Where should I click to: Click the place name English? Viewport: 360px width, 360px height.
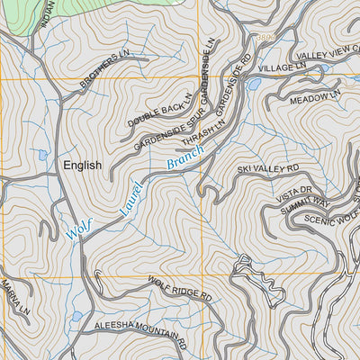coord(82,166)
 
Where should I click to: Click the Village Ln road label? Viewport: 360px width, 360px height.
coord(283,68)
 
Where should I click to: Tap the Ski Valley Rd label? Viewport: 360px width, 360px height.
coord(268,168)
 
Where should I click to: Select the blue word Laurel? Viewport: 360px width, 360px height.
coord(131,200)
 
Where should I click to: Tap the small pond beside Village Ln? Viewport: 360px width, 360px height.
coord(255,84)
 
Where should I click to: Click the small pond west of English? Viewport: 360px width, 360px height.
coord(42,155)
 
